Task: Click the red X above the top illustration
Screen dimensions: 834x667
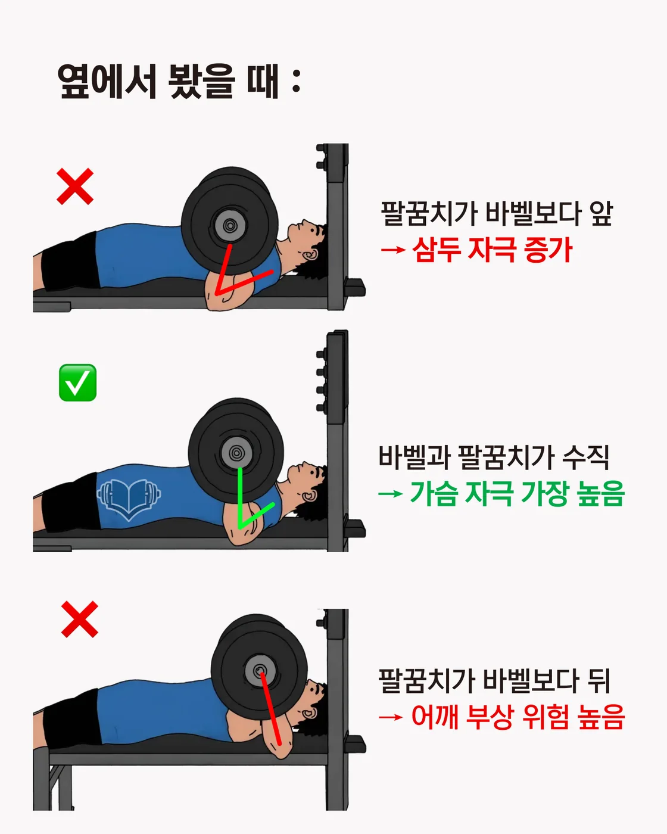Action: pos(75,186)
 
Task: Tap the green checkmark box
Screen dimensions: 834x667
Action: pos(77,382)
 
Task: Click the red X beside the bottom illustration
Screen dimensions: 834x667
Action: pos(80,620)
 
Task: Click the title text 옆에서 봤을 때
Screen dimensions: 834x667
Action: pos(179,81)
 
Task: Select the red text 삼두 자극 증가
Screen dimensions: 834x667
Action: pos(492,250)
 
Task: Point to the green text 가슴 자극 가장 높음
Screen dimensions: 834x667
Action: pos(517,494)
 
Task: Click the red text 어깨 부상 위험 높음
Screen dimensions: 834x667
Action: pos(518,717)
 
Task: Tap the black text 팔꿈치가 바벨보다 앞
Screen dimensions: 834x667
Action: pos(497,213)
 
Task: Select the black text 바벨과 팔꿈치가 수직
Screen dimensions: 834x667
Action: pos(494,458)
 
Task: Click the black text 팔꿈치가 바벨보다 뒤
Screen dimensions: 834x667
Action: pos(495,681)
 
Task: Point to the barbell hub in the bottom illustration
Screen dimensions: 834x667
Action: pos(260,671)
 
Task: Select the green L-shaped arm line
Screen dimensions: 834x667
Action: pos(240,506)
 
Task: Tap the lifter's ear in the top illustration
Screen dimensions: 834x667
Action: pos(310,256)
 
